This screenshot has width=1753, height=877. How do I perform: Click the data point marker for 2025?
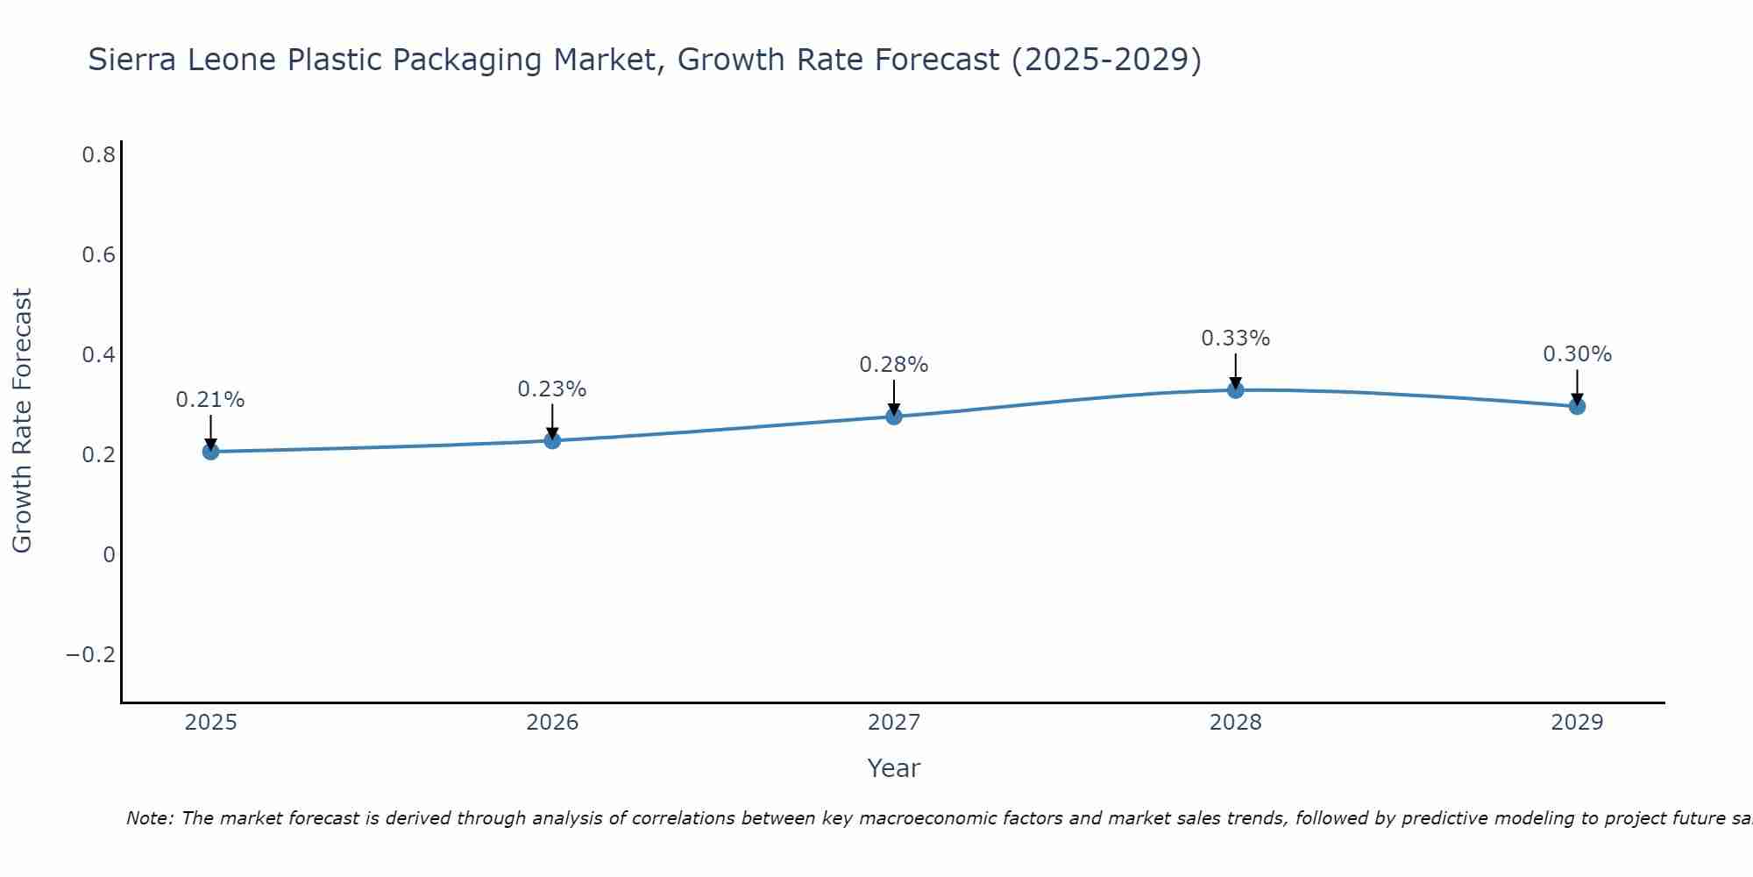pos(210,452)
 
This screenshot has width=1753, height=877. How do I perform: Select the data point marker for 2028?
pos(1235,389)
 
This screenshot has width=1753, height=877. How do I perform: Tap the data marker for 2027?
pos(893,416)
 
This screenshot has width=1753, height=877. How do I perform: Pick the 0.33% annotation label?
pos(1235,339)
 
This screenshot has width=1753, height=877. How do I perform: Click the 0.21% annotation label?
pos(210,400)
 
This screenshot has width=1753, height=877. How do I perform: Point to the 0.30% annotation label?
pos(1577,354)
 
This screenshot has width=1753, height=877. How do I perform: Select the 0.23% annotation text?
pos(551,389)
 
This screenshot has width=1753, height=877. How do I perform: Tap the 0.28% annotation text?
pos(893,365)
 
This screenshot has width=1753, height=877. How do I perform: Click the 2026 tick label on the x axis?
pos(552,723)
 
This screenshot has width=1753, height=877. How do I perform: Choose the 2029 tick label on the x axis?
pos(1577,723)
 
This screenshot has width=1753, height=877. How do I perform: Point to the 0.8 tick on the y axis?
pos(99,155)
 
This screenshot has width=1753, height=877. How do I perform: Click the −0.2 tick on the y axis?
pos(91,655)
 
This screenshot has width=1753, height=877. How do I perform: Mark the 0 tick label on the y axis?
pos(109,555)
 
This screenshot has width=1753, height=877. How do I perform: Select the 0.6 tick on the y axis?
pos(99,255)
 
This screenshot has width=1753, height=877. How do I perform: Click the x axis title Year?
pos(893,768)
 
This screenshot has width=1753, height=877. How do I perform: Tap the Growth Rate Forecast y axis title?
pos(22,421)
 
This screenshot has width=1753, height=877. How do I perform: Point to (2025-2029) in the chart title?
pos(1106,61)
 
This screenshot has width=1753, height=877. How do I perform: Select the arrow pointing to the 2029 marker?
pos(1577,388)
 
